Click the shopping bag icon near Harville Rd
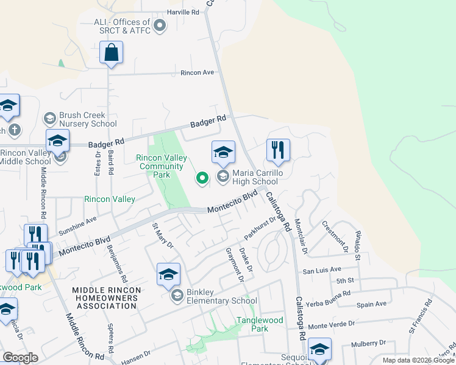(x=112, y=53)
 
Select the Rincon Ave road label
(x=198, y=72)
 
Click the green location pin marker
(x=202, y=178)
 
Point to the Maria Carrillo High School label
(x=255, y=177)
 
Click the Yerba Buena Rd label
(x=330, y=293)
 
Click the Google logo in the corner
(x=20, y=358)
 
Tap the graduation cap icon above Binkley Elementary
(x=168, y=274)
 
